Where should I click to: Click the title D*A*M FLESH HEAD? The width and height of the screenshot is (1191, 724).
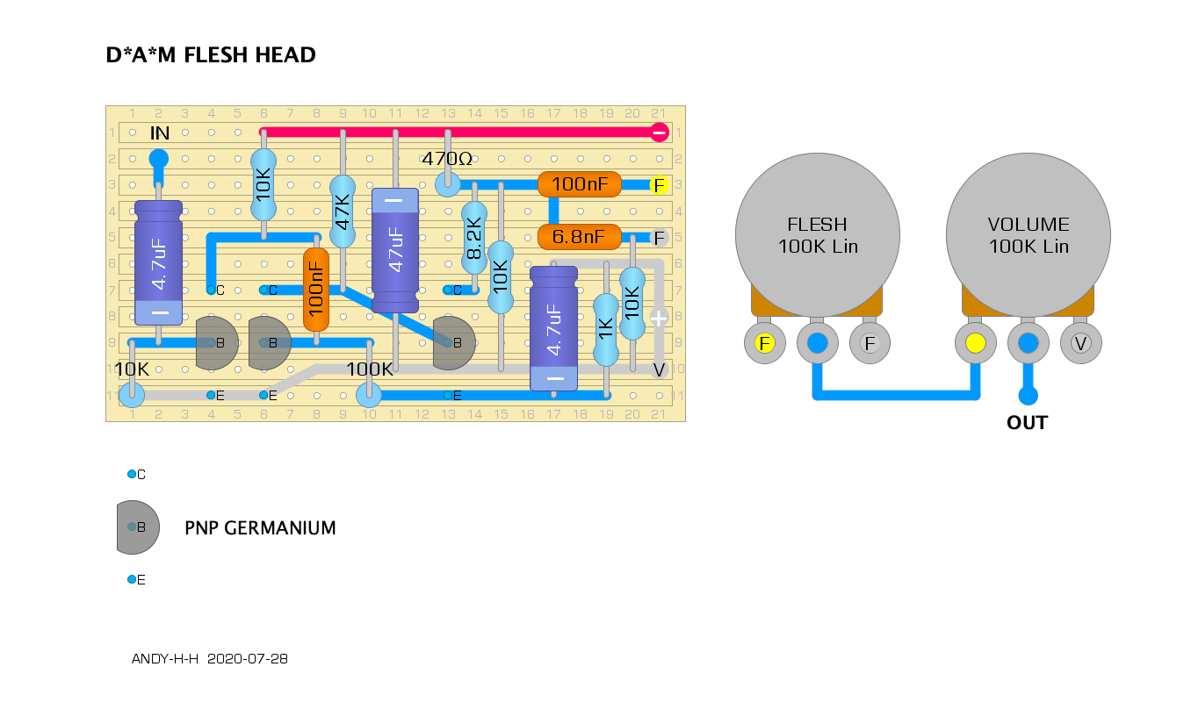coord(211,54)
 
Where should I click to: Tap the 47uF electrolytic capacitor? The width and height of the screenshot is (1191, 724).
coord(395,250)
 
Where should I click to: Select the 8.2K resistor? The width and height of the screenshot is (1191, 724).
coord(474,238)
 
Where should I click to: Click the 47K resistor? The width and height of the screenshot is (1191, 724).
coord(343,211)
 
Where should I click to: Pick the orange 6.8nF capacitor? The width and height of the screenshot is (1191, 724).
coord(580,237)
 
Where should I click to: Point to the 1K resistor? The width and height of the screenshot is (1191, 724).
coord(606,330)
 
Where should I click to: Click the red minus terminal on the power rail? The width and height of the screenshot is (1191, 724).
coord(660,133)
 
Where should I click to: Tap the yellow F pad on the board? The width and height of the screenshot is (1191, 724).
coord(660,185)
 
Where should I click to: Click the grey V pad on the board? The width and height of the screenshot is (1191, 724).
coord(660,369)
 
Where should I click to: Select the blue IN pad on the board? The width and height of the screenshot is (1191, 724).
coord(158,159)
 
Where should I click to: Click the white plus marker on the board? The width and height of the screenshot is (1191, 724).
coord(659,318)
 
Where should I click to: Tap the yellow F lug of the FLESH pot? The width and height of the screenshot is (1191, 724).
coord(765,343)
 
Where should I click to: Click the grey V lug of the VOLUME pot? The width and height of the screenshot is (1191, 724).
coord(1081,343)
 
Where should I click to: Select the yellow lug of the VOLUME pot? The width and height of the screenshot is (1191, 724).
coord(975,343)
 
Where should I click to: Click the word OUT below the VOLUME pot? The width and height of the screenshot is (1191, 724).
coord(1028,423)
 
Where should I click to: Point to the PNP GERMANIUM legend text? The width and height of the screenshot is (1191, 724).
coord(260,528)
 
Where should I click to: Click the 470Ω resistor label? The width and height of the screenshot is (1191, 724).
coord(447,158)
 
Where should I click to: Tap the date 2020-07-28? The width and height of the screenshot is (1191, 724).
coord(247,659)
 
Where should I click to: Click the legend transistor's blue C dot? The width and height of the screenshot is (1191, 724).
coord(132,474)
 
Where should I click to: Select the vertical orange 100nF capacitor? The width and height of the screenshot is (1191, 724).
coord(316,290)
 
